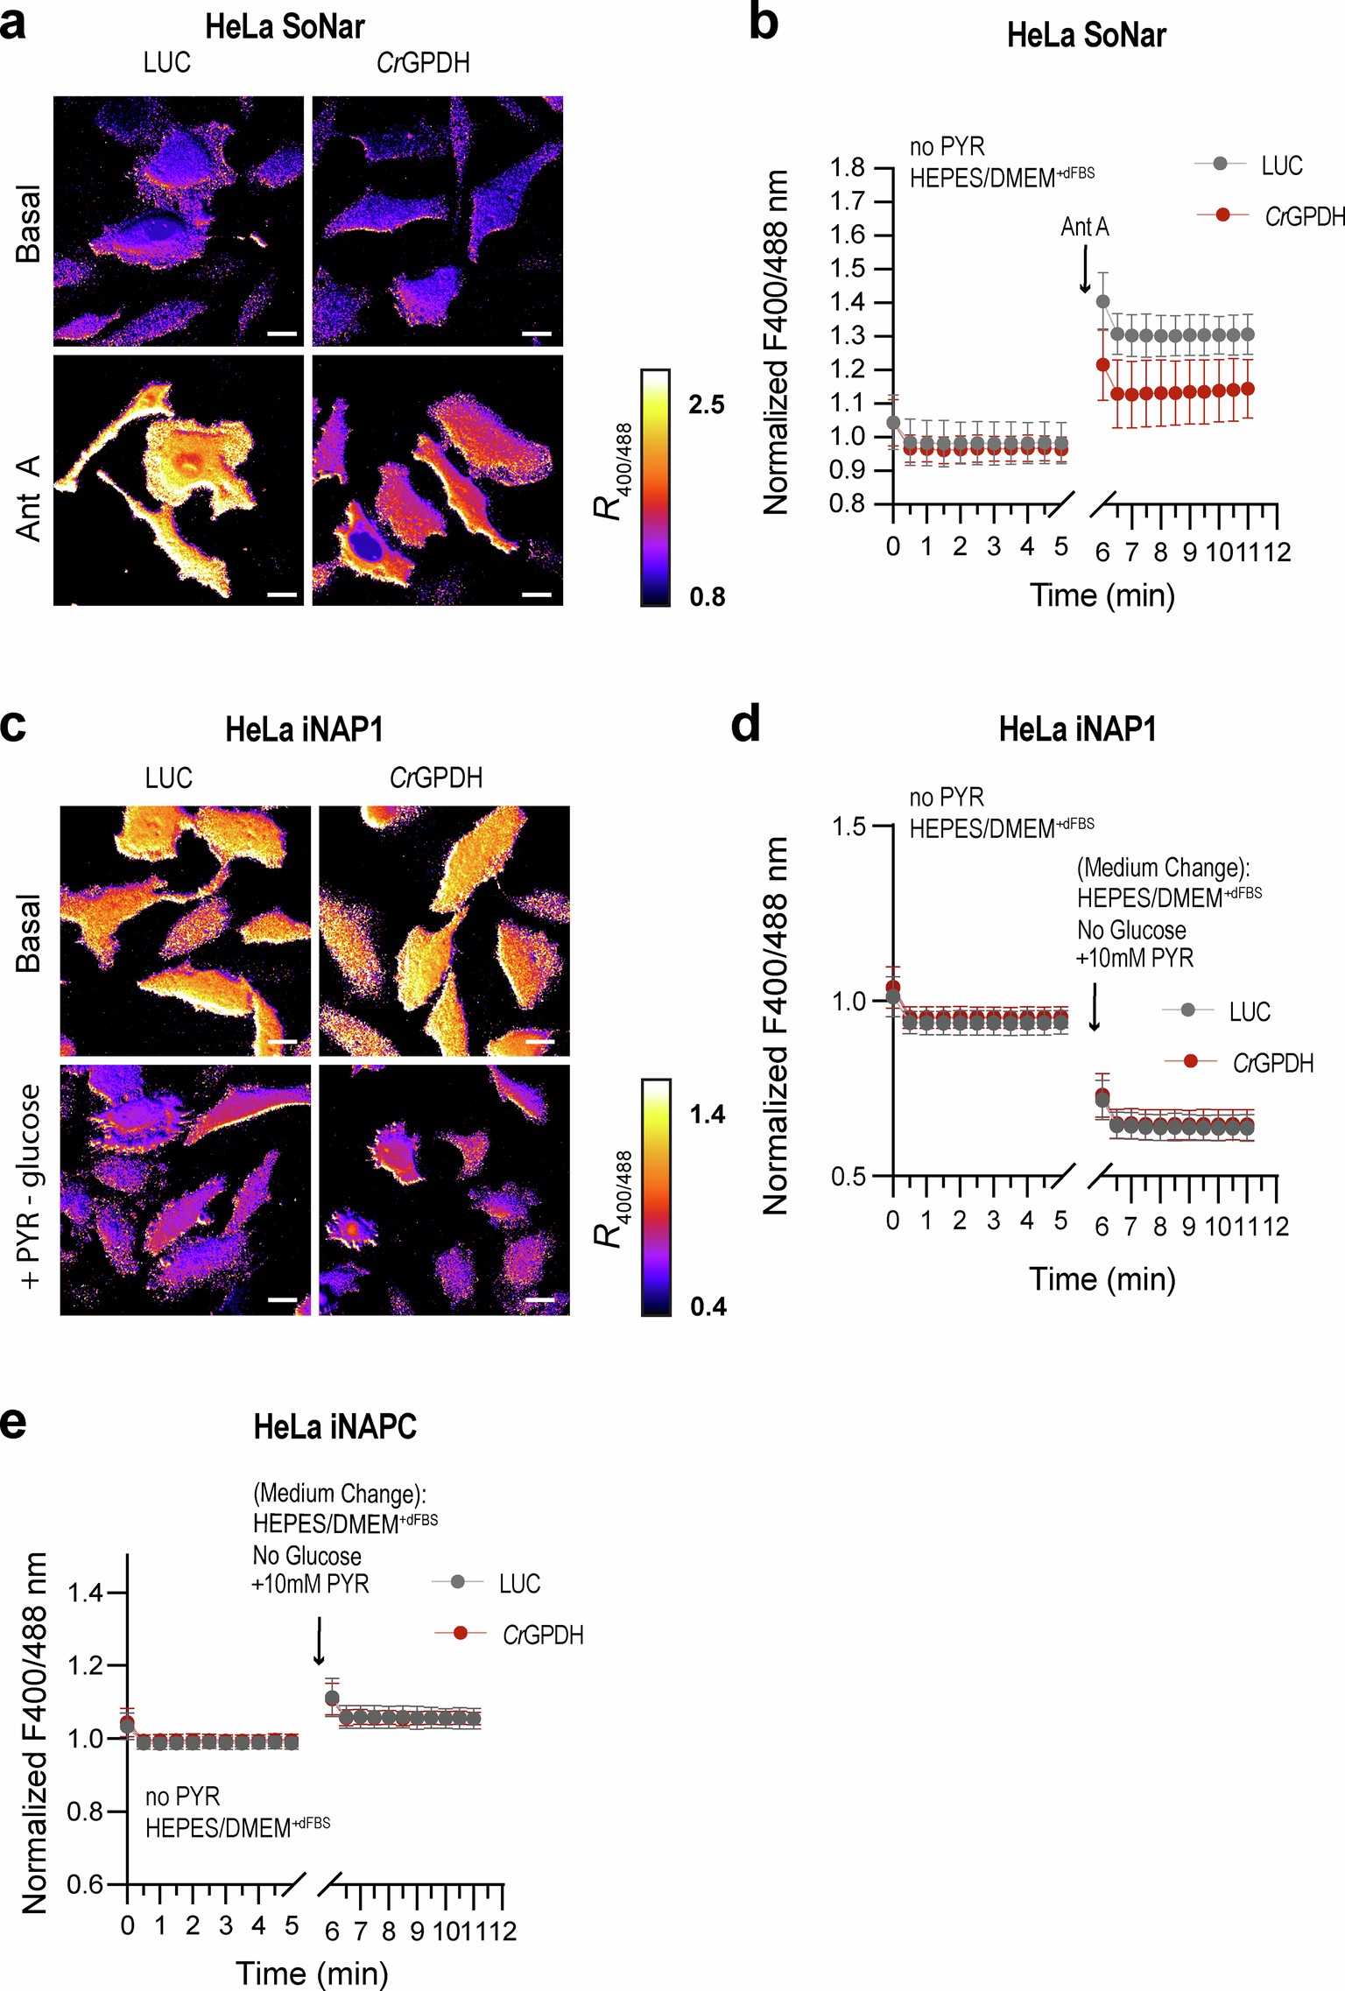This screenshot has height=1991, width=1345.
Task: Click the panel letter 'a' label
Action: point(14,25)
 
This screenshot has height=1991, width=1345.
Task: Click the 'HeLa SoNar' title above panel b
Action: point(1086,35)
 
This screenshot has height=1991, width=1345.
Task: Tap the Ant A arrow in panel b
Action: point(1085,269)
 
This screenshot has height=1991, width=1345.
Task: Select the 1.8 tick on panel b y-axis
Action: point(847,167)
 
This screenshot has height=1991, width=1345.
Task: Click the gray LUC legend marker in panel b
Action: point(1221,164)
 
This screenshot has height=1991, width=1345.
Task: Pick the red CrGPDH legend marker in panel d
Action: point(1190,1061)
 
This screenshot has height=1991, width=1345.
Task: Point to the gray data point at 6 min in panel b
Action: point(1102,302)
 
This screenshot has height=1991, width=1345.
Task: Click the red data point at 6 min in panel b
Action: point(1102,365)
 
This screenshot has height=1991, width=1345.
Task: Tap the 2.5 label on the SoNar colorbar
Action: point(706,405)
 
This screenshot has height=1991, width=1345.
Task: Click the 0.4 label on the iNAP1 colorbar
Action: point(708,1307)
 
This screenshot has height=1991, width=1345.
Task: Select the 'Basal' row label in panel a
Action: point(28,222)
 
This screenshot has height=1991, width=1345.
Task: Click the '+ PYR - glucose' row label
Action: point(30,1186)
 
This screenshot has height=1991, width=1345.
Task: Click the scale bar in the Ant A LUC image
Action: point(282,594)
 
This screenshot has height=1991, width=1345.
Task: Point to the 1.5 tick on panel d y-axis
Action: point(849,826)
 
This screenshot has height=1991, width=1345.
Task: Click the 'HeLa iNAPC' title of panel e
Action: point(334,1427)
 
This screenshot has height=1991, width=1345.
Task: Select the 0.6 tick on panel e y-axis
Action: point(86,1883)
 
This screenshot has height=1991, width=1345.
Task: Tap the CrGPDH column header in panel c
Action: point(436,777)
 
